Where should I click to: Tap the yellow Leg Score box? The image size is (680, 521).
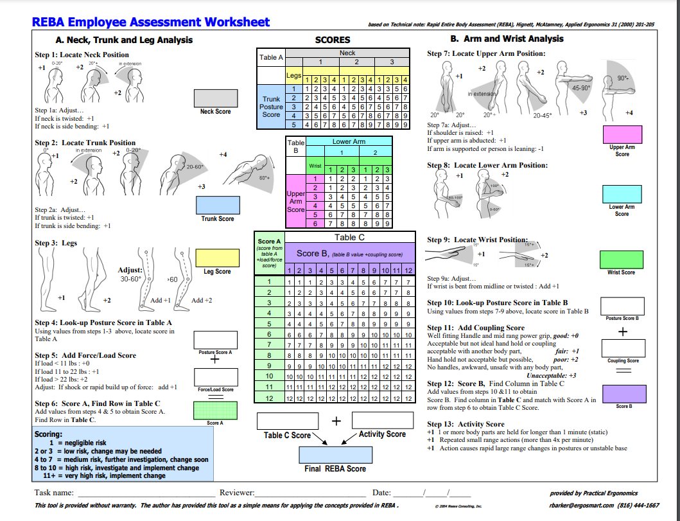[217, 257]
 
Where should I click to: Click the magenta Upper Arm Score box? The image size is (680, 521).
[622, 134]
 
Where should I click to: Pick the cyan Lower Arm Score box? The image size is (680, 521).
[622, 193]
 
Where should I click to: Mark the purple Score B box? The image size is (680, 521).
[622, 393]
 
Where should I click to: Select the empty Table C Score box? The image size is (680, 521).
[288, 421]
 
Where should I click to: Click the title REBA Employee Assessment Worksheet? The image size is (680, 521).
[151, 22]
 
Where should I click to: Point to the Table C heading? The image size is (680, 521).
[349, 237]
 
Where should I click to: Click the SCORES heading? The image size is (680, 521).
[333, 40]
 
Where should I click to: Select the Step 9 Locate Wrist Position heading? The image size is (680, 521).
[478, 240]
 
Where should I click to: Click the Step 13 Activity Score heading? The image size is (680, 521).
[466, 424]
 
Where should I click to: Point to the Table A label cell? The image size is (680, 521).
[271, 57]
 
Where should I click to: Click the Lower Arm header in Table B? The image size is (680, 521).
[349, 141]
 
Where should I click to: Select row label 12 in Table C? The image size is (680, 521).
[270, 398]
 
